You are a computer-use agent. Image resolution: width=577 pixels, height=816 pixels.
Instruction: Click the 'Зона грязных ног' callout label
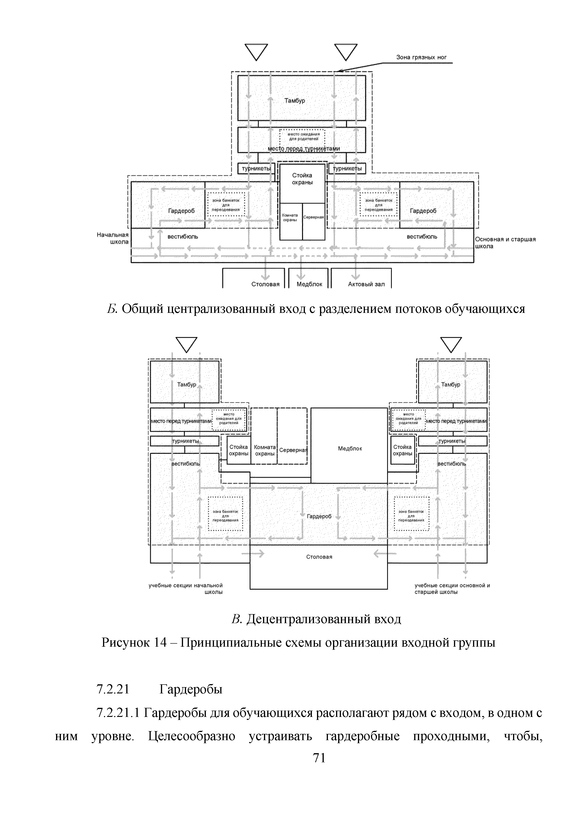pos(421,57)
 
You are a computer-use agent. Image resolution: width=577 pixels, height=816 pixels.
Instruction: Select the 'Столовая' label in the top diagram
pos(265,284)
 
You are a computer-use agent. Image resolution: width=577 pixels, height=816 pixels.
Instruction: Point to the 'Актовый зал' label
pos(366,284)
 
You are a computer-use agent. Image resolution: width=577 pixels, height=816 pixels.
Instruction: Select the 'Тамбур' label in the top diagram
pos(294,100)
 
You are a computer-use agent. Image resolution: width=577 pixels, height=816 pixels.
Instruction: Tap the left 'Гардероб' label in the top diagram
pos(181,211)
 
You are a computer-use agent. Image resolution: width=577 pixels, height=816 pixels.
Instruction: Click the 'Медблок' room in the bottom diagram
pos(350,448)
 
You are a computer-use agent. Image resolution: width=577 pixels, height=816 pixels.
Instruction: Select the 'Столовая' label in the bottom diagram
pos(319,557)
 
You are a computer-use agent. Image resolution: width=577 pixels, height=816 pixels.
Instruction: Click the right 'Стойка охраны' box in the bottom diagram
pos(403,450)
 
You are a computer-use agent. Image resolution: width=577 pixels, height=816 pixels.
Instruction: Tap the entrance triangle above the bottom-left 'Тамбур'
pos(187,344)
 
